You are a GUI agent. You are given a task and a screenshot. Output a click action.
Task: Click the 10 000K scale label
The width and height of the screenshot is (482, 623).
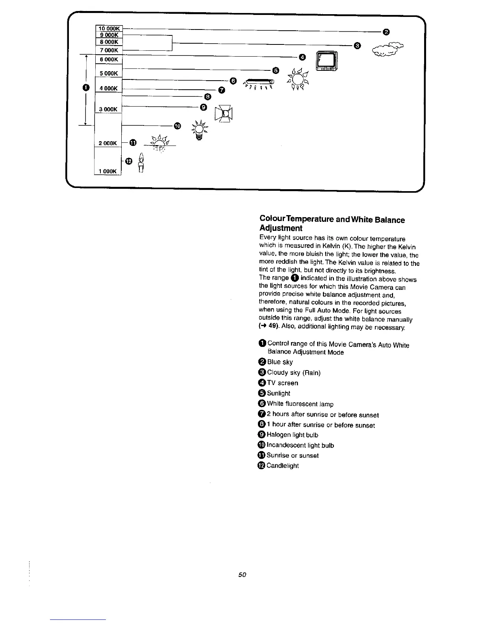click(x=109, y=28)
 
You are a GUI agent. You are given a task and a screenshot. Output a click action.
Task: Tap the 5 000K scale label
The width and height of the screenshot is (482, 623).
click(x=109, y=74)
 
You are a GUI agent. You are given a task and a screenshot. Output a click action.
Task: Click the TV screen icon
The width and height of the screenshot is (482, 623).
click(x=327, y=62)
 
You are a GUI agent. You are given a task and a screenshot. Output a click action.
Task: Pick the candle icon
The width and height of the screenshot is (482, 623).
click(x=141, y=164)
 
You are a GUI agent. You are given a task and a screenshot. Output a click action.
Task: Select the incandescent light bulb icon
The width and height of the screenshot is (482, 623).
click(x=200, y=129)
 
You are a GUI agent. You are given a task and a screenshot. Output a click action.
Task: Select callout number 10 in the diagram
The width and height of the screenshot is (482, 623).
click(x=177, y=126)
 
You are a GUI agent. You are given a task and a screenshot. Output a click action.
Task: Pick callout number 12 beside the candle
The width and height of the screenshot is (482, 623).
click(x=128, y=161)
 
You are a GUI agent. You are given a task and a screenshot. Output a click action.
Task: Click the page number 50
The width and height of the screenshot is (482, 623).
click(x=242, y=575)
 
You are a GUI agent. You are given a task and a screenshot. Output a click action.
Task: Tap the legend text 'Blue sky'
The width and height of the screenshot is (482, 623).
click(x=280, y=362)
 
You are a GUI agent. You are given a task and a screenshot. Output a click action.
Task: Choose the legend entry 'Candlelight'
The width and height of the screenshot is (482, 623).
click(x=282, y=466)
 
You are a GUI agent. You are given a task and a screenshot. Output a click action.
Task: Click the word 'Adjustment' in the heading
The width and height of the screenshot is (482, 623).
click(x=281, y=228)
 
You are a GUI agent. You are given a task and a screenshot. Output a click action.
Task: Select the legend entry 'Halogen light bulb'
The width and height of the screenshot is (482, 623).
click(x=292, y=435)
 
